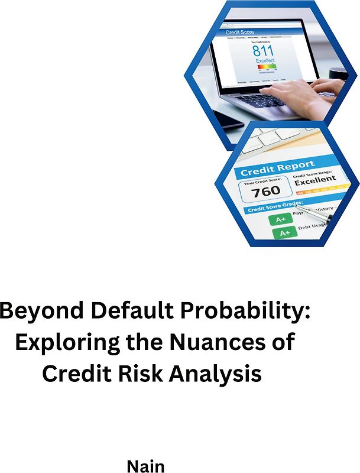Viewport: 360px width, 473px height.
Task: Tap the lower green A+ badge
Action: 284,233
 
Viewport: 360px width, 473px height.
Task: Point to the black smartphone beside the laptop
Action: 228,119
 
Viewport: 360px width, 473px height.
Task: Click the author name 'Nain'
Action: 145,466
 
